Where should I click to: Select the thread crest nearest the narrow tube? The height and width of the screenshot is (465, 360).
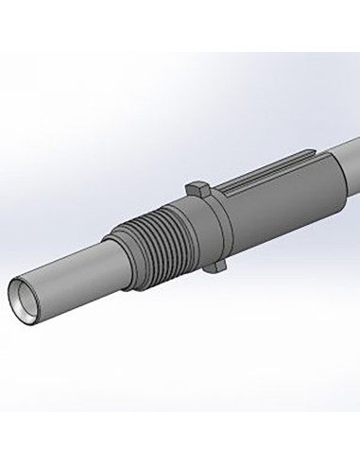pyautogui.click(x=127, y=250)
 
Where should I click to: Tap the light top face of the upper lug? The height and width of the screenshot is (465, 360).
pyautogui.click(x=196, y=183)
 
